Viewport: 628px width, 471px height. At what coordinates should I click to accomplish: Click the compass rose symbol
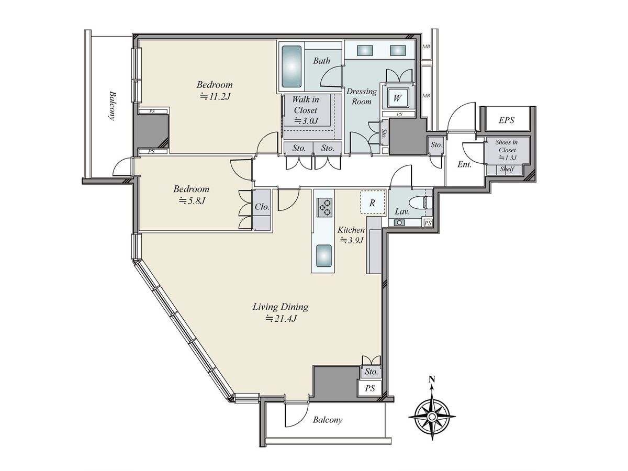[432, 416]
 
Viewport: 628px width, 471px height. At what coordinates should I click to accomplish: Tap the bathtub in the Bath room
[291, 66]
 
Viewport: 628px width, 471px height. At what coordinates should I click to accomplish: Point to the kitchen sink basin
[323, 255]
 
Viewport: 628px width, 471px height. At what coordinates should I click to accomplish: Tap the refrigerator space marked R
[372, 203]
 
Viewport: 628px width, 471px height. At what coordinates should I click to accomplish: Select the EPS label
[507, 120]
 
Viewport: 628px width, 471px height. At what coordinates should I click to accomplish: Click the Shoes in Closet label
[507, 146]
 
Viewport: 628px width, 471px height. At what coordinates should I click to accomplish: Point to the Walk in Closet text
[306, 105]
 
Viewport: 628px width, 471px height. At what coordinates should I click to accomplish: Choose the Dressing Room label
[362, 96]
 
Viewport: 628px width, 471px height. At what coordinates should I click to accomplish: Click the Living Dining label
[281, 307]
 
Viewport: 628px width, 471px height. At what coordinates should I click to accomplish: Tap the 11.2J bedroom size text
[215, 96]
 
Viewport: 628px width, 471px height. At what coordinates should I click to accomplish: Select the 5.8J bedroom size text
[192, 201]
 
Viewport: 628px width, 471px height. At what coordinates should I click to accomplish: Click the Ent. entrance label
[464, 164]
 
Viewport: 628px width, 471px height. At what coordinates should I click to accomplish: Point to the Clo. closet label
[262, 207]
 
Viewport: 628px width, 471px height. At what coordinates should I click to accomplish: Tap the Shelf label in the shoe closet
[507, 169]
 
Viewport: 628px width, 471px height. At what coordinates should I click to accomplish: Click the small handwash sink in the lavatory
[399, 222]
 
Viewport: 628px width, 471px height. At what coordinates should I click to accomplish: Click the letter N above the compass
[432, 380]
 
